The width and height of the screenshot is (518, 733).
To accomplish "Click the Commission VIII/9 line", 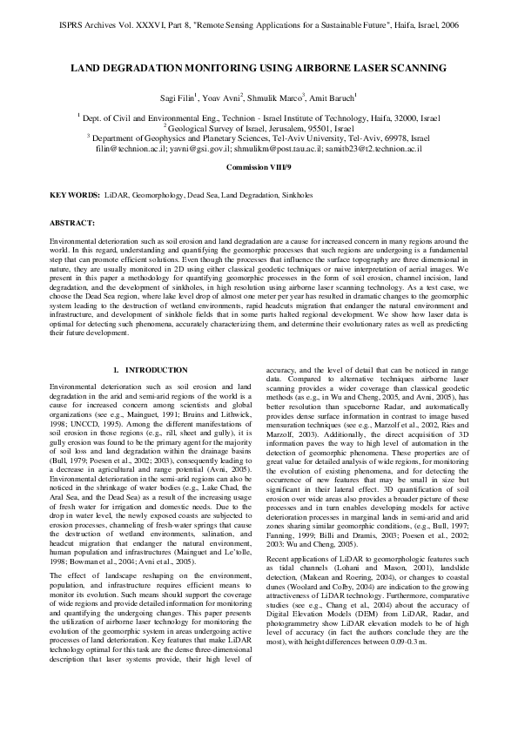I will point(259,165).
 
